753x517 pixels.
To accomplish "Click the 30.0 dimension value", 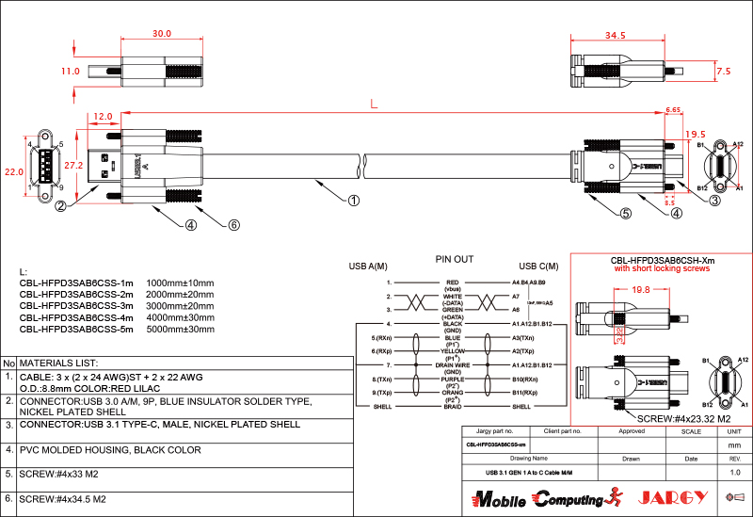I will point(162,33).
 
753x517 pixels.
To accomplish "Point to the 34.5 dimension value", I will point(615,35).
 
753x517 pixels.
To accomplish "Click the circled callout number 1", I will point(354,200).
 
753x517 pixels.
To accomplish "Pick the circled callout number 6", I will point(234,225).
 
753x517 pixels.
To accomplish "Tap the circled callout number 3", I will point(715,200).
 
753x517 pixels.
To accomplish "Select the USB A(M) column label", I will point(368,265).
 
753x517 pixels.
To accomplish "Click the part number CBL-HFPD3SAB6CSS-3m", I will point(76,306).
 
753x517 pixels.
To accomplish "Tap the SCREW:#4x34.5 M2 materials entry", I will point(62,498).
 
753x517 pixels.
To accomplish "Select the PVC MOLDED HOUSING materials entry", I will point(110,450).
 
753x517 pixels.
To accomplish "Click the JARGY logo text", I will point(669,496).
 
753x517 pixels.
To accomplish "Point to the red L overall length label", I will point(374,105).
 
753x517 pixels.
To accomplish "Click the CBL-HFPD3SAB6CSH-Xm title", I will point(662,260).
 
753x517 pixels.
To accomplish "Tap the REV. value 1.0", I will point(735,472).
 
